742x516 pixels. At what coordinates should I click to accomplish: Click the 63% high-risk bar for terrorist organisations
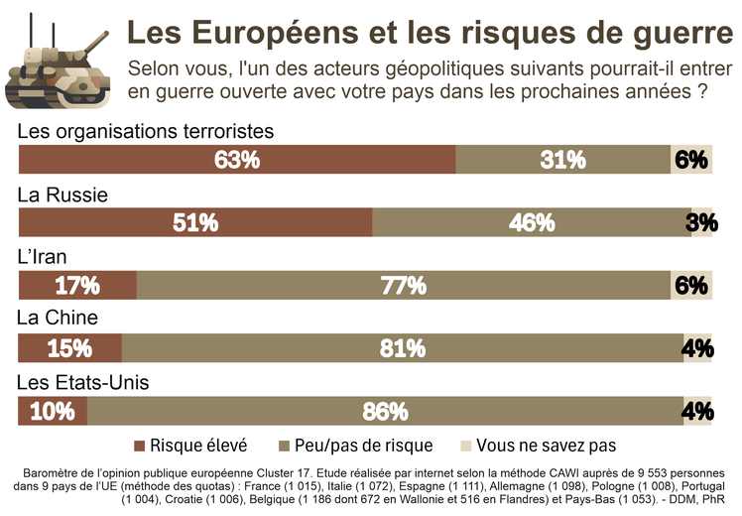click(x=237, y=160)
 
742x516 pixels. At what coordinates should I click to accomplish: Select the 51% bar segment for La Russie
click(x=195, y=223)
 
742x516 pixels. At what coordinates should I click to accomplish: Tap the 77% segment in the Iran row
click(x=403, y=286)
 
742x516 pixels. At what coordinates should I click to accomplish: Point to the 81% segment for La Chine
click(x=402, y=348)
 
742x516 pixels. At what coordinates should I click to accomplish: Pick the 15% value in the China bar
click(x=68, y=348)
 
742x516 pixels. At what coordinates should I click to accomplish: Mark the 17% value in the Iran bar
click(x=76, y=286)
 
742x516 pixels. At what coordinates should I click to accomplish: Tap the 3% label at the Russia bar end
click(x=700, y=223)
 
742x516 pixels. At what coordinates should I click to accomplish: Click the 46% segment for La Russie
click(x=531, y=223)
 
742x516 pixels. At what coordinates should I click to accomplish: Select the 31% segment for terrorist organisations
click(x=562, y=160)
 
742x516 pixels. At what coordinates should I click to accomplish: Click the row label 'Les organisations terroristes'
click(x=145, y=131)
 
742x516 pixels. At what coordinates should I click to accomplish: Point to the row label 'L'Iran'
click(x=43, y=257)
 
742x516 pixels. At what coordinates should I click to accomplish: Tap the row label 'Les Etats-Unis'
click(x=83, y=382)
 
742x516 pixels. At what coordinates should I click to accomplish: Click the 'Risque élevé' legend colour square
click(x=140, y=446)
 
